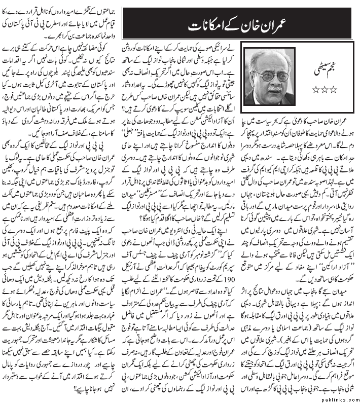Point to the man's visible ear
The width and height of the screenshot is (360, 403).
(x=295, y=76)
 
